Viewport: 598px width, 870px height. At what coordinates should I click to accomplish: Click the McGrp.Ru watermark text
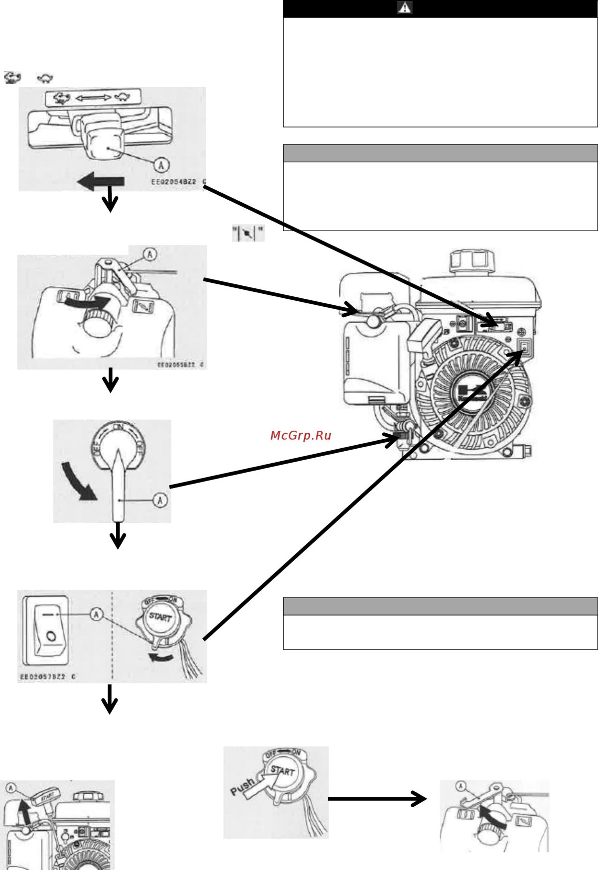click(300, 436)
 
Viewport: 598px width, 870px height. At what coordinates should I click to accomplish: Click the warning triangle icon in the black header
click(405, 8)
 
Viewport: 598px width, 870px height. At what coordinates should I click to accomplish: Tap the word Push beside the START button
click(243, 787)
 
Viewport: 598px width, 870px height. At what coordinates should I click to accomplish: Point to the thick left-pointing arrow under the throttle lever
click(101, 182)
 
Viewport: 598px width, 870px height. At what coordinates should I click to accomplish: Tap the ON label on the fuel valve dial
click(119, 427)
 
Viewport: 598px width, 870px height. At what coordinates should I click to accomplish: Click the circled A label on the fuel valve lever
click(160, 499)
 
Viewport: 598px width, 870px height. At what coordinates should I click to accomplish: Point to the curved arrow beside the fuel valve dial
click(78, 482)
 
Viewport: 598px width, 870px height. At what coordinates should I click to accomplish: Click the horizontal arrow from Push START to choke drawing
click(376, 799)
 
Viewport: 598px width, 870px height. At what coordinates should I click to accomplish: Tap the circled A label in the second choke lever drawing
click(460, 786)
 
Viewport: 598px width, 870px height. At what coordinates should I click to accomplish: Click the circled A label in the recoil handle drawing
click(10, 788)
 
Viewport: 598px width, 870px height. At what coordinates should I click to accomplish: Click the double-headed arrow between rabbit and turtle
click(93, 98)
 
